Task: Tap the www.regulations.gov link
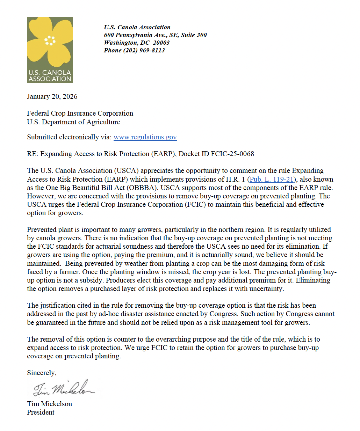145,137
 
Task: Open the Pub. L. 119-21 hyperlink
271,180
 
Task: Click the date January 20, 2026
52,97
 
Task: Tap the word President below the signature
41,412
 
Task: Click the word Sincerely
41,373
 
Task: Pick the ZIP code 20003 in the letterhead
161,43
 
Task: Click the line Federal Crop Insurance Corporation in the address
80,114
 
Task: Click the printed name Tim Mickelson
49,404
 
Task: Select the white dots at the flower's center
50,41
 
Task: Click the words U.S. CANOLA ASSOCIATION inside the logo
50,76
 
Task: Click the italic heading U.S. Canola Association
137,27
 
